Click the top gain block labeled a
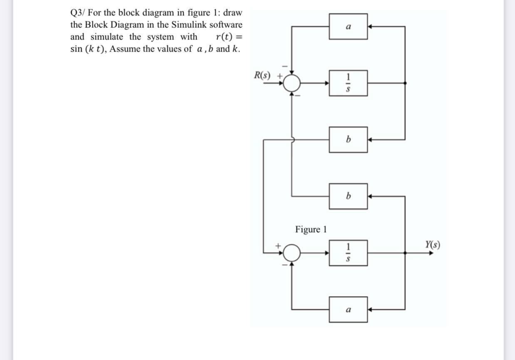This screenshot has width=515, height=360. (x=348, y=26)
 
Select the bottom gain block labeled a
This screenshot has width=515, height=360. (x=348, y=309)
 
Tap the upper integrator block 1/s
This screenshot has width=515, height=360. (x=348, y=83)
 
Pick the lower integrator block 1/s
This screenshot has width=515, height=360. (x=348, y=252)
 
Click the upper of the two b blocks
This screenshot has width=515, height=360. (x=348, y=139)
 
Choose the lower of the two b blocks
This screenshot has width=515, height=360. (x=348, y=196)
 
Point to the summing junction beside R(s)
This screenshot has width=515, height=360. (x=292, y=83)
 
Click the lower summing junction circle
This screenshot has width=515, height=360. (x=292, y=252)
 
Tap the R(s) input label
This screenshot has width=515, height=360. (x=262, y=76)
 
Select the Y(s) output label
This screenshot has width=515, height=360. (x=433, y=244)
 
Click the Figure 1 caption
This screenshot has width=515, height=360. (x=311, y=229)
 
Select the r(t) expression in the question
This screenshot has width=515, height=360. (x=224, y=37)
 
